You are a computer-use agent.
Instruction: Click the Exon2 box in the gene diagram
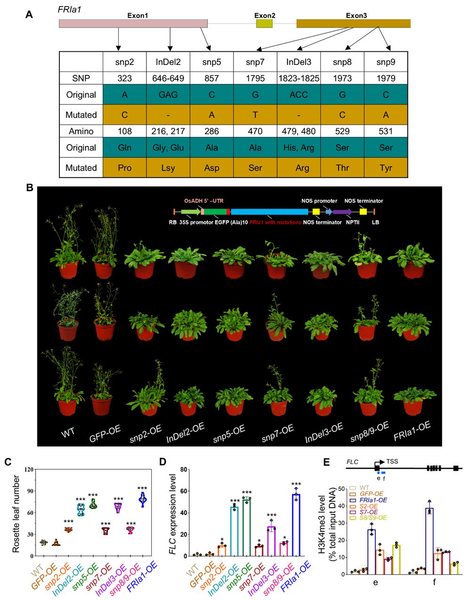coord(264,24)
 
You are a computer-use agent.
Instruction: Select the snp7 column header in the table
coord(255,62)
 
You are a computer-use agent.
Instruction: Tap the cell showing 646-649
coord(168,79)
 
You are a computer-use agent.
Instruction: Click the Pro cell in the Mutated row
coord(125,168)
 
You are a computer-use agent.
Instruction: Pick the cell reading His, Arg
coord(299,147)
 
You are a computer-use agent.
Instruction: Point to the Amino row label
coord(81,132)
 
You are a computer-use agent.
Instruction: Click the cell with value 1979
coord(386,79)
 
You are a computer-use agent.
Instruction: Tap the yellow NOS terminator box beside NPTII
coord(363,212)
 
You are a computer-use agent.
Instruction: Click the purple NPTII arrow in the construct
coord(342,212)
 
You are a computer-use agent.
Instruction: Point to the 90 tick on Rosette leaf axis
coord(29,491)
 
